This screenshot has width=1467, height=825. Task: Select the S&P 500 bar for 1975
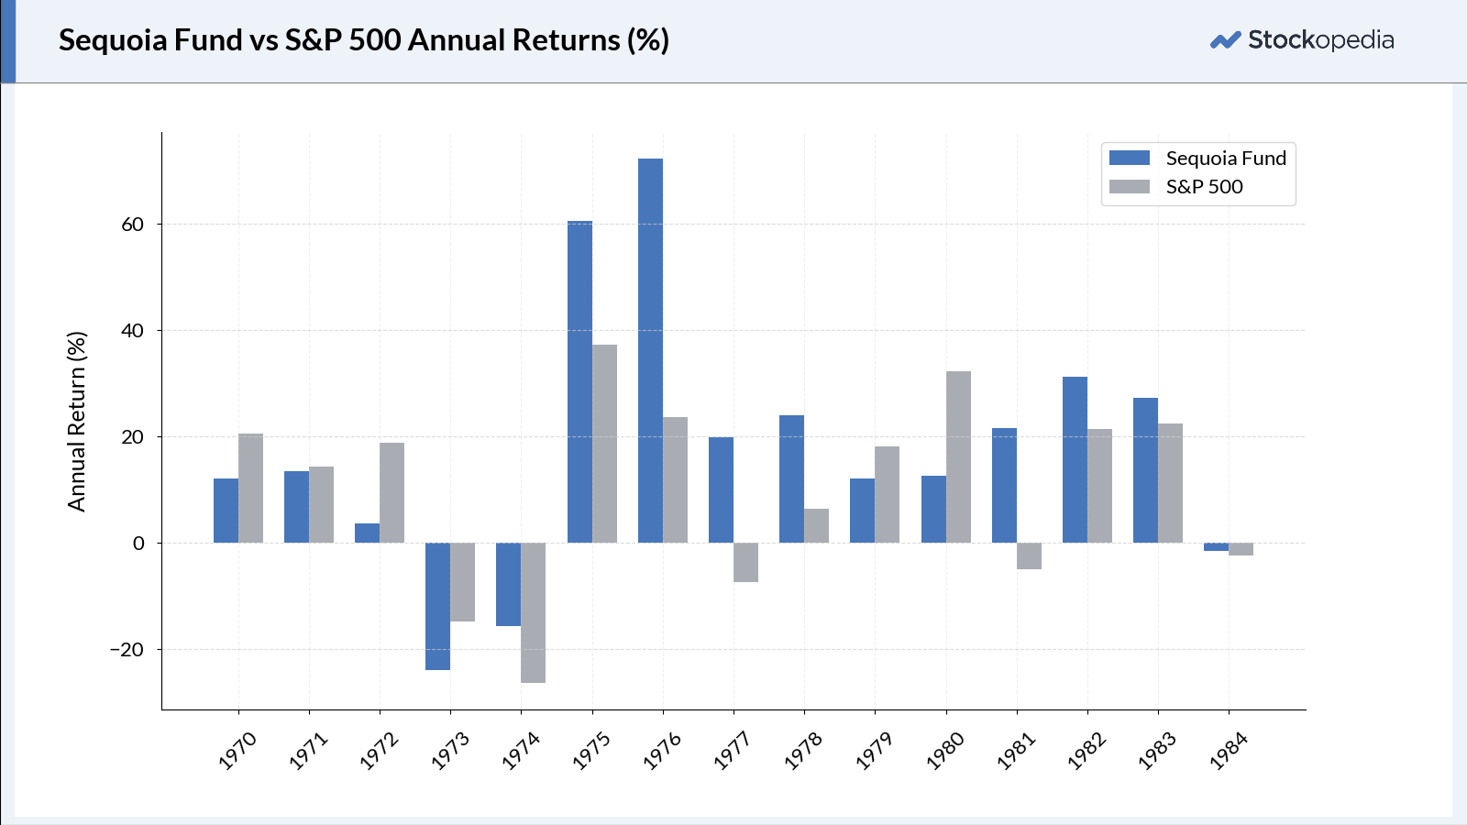click(604, 444)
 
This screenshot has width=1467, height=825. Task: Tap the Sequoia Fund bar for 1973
click(437, 606)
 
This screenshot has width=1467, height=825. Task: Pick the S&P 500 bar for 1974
click(533, 612)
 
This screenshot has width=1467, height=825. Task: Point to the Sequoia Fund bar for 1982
click(1075, 459)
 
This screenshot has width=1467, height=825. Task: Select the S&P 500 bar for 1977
click(745, 562)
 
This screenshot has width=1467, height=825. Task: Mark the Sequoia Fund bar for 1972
click(367, 533)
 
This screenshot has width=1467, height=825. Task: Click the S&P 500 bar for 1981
click(1029, 555)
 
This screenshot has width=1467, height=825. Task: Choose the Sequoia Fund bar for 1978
click(791, 478)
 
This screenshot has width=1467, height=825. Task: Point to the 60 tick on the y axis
click(133, 225)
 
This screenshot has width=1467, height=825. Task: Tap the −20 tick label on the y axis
click(127, 650)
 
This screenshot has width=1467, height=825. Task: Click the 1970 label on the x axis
click(237, 751)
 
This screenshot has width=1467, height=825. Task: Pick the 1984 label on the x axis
click(1229, 751)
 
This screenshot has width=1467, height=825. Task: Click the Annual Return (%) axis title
click(77, 422)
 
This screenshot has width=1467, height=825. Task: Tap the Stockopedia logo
click(1302, 40)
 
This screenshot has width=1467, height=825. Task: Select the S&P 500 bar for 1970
click(250, 488)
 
